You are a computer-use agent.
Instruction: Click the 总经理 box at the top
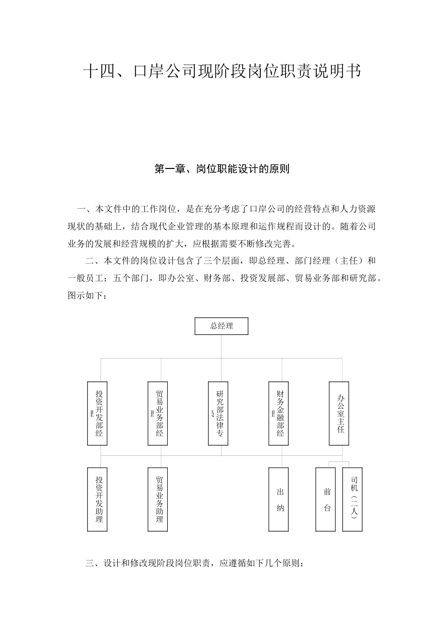click(221, 326)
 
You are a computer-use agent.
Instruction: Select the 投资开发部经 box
click(98, 413)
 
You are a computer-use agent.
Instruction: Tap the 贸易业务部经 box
click(158, 413)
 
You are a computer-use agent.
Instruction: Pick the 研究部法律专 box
click(218, 413)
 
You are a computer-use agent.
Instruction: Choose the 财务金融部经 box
click(279, 413)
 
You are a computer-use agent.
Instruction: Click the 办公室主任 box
click(339, 413)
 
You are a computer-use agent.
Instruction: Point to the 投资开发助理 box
click(98, 499)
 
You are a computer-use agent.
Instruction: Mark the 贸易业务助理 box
click(158, 499)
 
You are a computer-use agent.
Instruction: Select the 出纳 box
click(279, 499)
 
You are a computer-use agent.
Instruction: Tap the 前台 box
click(326, 499)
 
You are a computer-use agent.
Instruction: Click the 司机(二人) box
click(352, 499)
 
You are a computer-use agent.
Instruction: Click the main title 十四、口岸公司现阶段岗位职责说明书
click(222, 71)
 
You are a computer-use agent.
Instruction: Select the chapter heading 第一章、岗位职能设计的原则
click(222, 169)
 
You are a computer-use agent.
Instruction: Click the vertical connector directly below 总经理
click(222, 347)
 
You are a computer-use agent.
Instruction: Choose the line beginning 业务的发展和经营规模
click(185, 243)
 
